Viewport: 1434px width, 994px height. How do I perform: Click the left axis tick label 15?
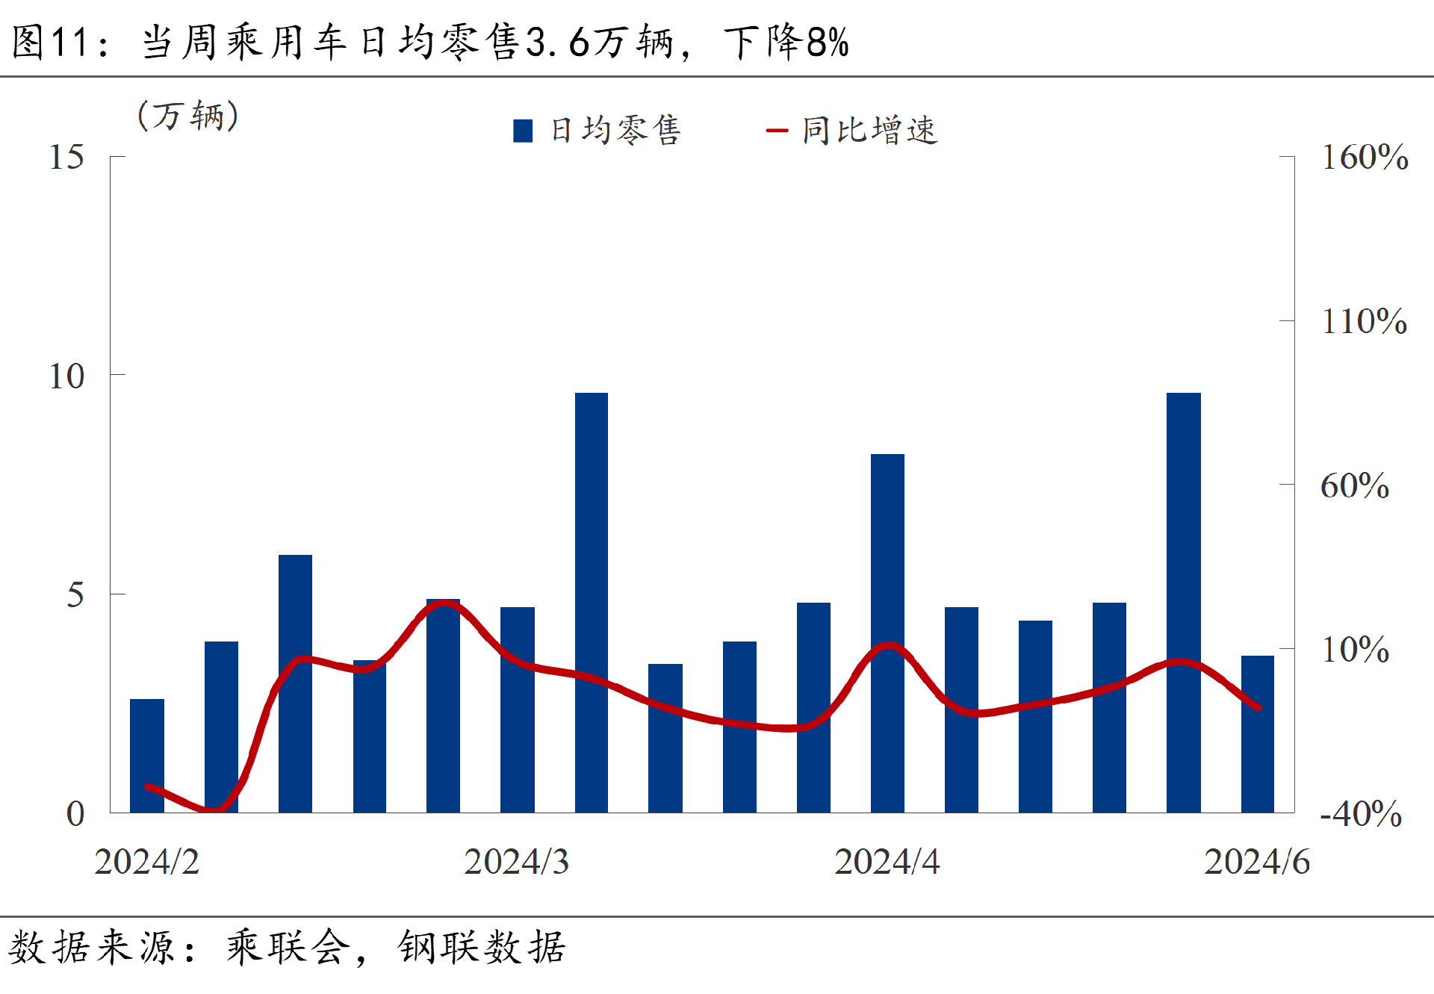pyautogui.click(x=66, y=157)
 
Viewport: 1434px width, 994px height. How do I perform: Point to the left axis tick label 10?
pyautogui.click(x=66, y=376)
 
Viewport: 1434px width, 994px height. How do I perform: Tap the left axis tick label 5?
pyautogui.click(x=75, y=595)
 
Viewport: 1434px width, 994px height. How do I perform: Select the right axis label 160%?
pyautogui.click(x=1365, y=158)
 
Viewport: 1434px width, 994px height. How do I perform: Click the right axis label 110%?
pyautogui.click(x=1364, y=322)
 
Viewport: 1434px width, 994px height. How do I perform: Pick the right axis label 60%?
pyautogui.click(x=1354, y=486)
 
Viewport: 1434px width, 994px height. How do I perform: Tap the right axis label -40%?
pyautogui.click(x=1360, y=814)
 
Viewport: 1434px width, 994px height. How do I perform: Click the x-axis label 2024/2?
pyautogui.click(x=147, y=863)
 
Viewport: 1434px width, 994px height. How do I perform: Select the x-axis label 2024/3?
pyautogui.click(x=516, y=863)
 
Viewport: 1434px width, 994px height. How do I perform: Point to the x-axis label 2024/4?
pyautogui.click(x=887, y=863)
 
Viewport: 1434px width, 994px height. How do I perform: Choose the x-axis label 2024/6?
pyautogui.click(x=1256, y=863)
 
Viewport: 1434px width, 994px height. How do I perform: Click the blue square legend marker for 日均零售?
pyautogui.click(x=523, y=131)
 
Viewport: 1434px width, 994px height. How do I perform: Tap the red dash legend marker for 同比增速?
pyautogui.click(x=777, y=131)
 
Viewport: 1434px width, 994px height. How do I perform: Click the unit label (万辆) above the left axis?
pyautogui.click(x=188, y=116)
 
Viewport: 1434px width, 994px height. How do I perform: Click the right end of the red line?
pyautogui.click(x=1258, y=707)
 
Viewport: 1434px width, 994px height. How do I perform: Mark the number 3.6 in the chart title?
pyautogui.click(x=557, y=43)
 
